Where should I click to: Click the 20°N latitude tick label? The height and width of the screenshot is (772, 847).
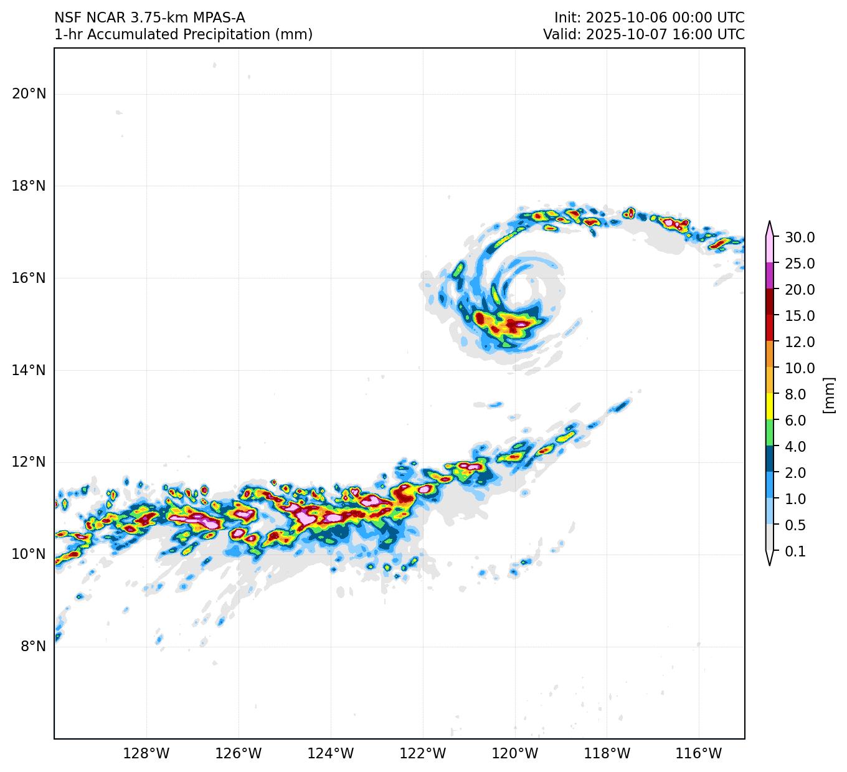click(29, 94)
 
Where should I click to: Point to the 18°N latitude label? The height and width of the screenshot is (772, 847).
click(29, 186)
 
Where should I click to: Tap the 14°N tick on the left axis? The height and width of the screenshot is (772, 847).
click(29, 371)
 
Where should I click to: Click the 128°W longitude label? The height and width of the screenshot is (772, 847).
click(146, 754)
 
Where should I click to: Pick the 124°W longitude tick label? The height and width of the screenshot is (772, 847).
click(331, 754)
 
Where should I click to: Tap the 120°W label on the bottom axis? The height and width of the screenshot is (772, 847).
click(515, 754)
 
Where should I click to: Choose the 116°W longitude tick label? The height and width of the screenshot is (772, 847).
click(699, 754)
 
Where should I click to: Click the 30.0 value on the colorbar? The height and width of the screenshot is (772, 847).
click(800, 237)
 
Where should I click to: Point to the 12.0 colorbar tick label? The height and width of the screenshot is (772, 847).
click(800, 342)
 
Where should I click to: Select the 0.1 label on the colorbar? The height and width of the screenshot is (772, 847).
click(795, 551)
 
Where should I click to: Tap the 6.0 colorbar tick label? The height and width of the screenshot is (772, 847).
click(795, 421)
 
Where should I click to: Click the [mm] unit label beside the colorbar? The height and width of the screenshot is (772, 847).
click(828, 394)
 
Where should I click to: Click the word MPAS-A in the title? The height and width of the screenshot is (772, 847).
click(218, 18)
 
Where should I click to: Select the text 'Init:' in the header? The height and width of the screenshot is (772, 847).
click(568, 18)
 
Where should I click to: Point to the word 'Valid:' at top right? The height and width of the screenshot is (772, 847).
click(562, 34)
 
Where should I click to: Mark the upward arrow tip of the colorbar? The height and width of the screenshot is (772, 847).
click(770, 222)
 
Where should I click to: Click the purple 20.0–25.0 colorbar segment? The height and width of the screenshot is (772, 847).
click(770, 275)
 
